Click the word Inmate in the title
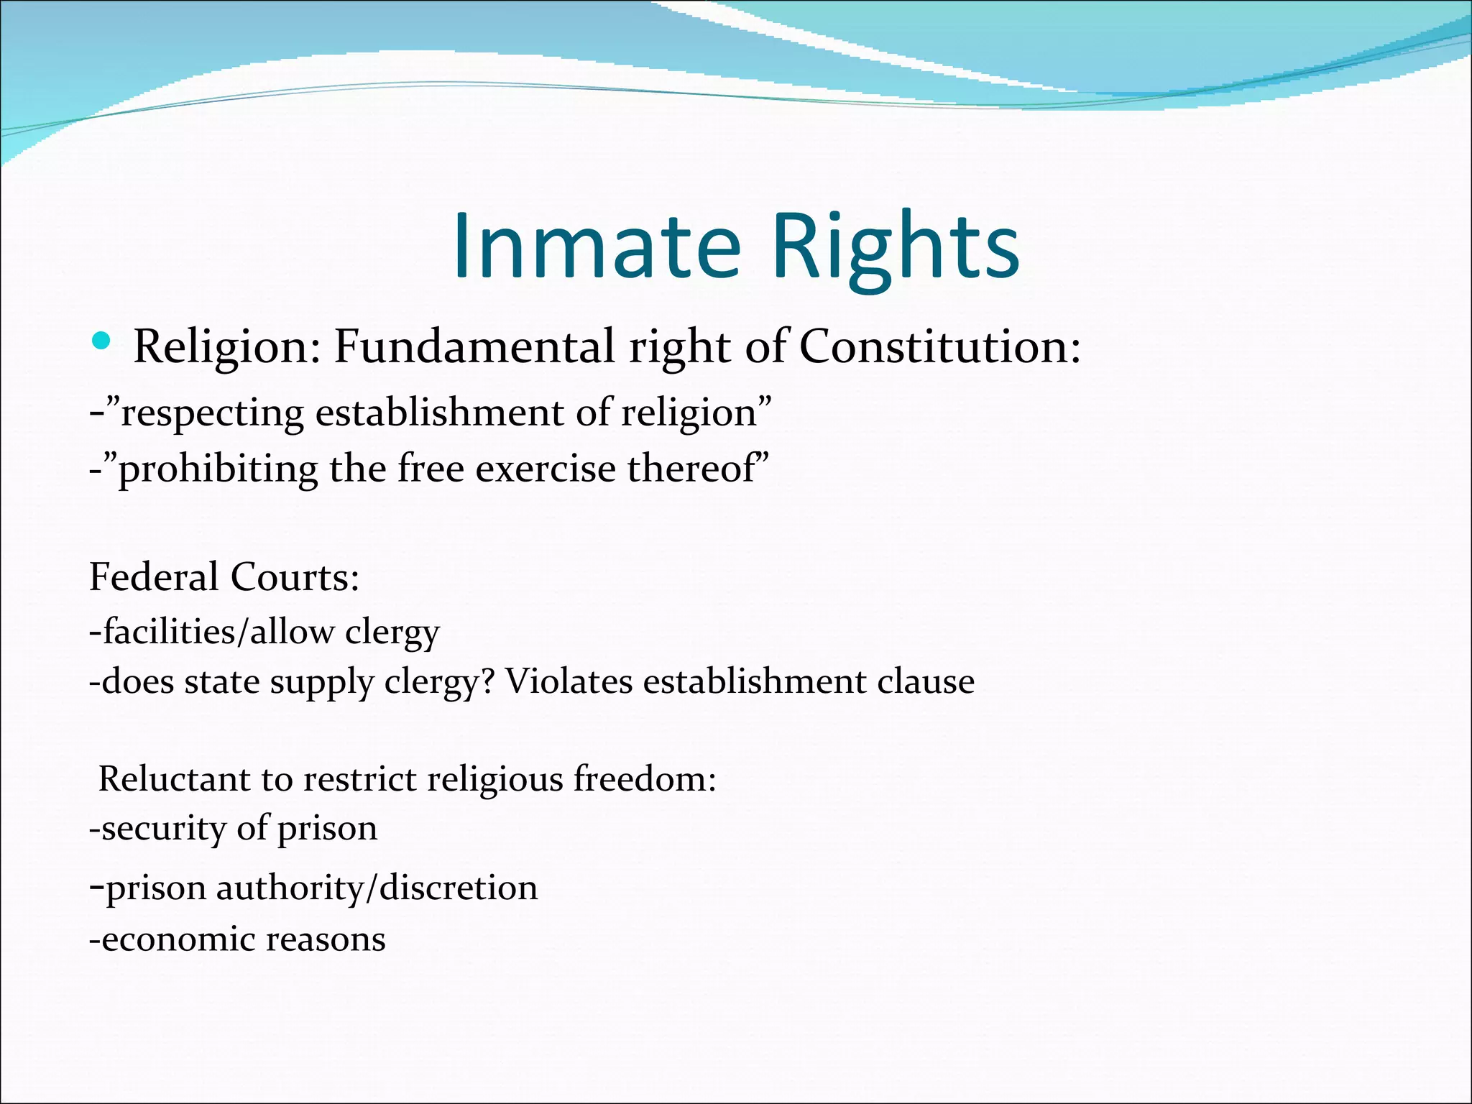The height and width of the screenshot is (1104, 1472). point(596,246)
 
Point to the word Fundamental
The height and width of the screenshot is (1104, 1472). point(474,346)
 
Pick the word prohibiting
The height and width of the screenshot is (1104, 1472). point(218,469)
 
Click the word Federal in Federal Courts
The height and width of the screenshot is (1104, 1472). point(154,577)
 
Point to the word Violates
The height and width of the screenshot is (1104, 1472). point(569,681)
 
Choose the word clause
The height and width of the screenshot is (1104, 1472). point(926,681)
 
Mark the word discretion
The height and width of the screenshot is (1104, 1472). point(459,888)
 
